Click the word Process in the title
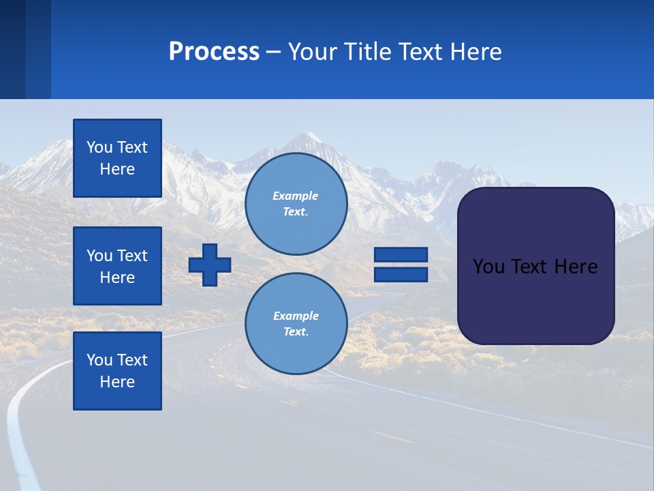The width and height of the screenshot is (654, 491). (214, 52)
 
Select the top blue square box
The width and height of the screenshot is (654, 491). (117, 158)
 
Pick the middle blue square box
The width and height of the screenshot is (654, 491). (117, 266)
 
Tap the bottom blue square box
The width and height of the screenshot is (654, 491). (117, 370)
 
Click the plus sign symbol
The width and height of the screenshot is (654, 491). (210, 265)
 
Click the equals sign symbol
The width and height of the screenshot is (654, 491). (401, 265)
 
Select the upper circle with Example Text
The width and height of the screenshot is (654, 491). (296, 203)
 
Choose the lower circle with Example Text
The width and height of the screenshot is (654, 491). (296, 323)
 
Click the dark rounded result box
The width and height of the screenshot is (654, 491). (535, 266)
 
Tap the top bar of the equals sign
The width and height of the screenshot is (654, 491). (401, 255)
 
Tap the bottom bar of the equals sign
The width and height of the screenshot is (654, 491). (401, 274)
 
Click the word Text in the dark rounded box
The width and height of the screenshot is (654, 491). (532, 267)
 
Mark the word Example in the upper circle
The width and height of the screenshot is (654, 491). (296, 196)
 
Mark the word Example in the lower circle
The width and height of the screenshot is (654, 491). (296, 316)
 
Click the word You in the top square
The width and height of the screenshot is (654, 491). (99, 147)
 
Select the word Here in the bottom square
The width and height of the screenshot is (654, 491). (117, 382)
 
